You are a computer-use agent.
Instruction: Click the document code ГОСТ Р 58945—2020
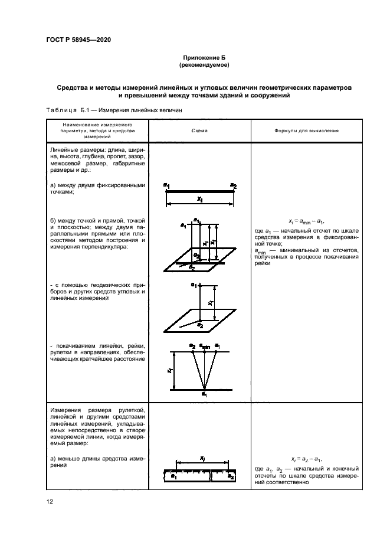pyautogui.click(x=78, y=40)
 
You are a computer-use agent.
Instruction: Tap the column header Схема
pyautogui.click(x=199, y=131)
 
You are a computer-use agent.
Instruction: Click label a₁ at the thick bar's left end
pyautogui.click(x=167, y=187)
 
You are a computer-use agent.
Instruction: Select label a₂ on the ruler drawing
pyautogui.click(x=231, y=476)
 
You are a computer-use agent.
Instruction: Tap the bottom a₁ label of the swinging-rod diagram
pyautogui.click(x=204, y=394)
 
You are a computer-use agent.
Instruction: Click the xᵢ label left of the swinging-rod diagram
pyautogui.click(x=169, y=371)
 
